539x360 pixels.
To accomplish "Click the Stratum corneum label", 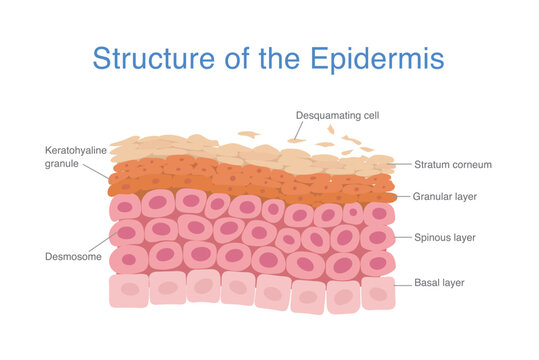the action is [x=451, y=164].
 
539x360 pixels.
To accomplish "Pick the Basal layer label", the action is [x=441, y=283].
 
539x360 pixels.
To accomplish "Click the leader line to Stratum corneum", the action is [x=401, y=163].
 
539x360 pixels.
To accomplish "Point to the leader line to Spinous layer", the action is [x=400, y=238].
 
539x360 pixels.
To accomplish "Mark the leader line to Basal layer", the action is [x=400, y=284].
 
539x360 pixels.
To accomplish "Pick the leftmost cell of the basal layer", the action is [x=128, y=290].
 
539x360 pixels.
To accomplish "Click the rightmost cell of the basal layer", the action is [x=376, y=292].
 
